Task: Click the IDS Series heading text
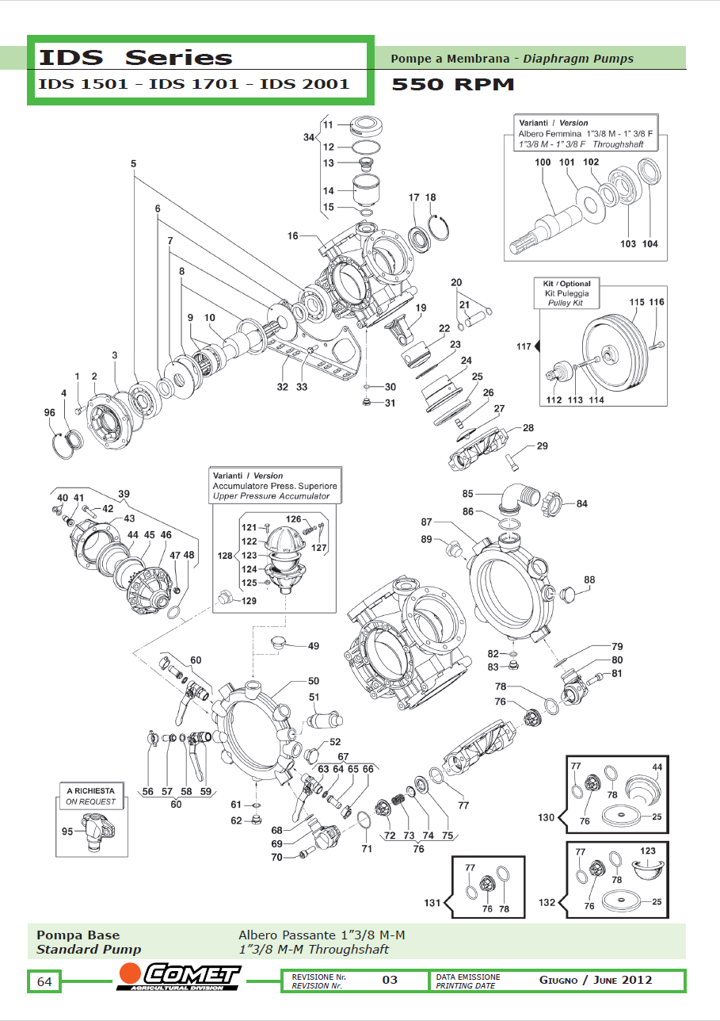pos(135,57)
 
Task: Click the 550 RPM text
pos(453,85)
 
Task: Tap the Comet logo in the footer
pos(179,977)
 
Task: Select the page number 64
pos(44,982)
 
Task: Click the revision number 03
pos(390,980)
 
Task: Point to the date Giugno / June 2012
pos(596,980)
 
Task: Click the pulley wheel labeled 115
pos(618,350)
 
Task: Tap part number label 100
pos(543,163)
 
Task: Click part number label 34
pos(309,137)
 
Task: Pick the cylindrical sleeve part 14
pos(365,191)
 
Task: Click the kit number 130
pos(547,817)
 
